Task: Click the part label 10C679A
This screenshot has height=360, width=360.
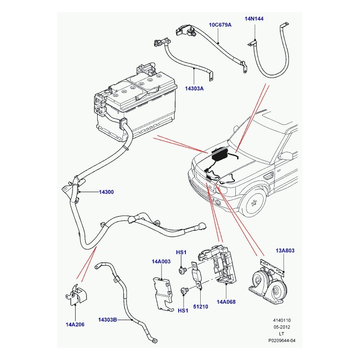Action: [x=220, y=25]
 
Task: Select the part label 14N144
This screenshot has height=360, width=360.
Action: [x=254, y=19]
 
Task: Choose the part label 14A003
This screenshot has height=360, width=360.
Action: [x=161, y=261]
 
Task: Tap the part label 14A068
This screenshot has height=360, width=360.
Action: [x=226, y=302]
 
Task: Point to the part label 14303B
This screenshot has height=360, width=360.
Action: [x=108, y=320]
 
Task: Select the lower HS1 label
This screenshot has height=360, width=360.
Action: [x=183, y=310]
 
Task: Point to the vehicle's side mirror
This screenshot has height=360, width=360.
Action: [x=285, y=156]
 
